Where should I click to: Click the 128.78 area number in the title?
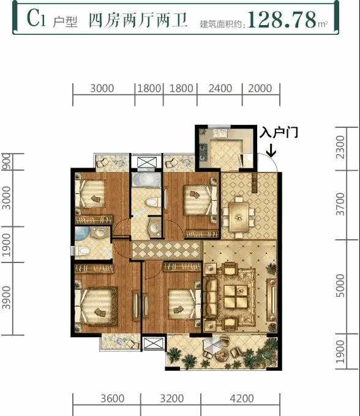tap(282, 20)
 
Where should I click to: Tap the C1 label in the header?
tap(36, 18)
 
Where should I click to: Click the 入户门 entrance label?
tap(279, 132)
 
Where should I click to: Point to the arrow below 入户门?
tap(271, 150)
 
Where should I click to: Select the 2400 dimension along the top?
tap(220, 88)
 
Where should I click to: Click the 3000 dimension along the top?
tap(102, 88)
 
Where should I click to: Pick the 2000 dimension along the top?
tap(260, 88)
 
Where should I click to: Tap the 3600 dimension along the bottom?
tap(112, 398)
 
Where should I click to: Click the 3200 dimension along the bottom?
tap(172, 398)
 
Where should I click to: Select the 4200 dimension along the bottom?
tap(242, 398)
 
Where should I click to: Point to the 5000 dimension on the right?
tap(340, 286)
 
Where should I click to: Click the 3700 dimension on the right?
tap(340, 204)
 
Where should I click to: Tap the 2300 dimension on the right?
tap(340, 147)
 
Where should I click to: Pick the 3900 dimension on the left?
tap(6, 298)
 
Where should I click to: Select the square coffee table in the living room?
tap(236, 296)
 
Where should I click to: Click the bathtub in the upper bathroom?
tap(146, 180)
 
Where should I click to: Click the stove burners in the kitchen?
tap(204, 152)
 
